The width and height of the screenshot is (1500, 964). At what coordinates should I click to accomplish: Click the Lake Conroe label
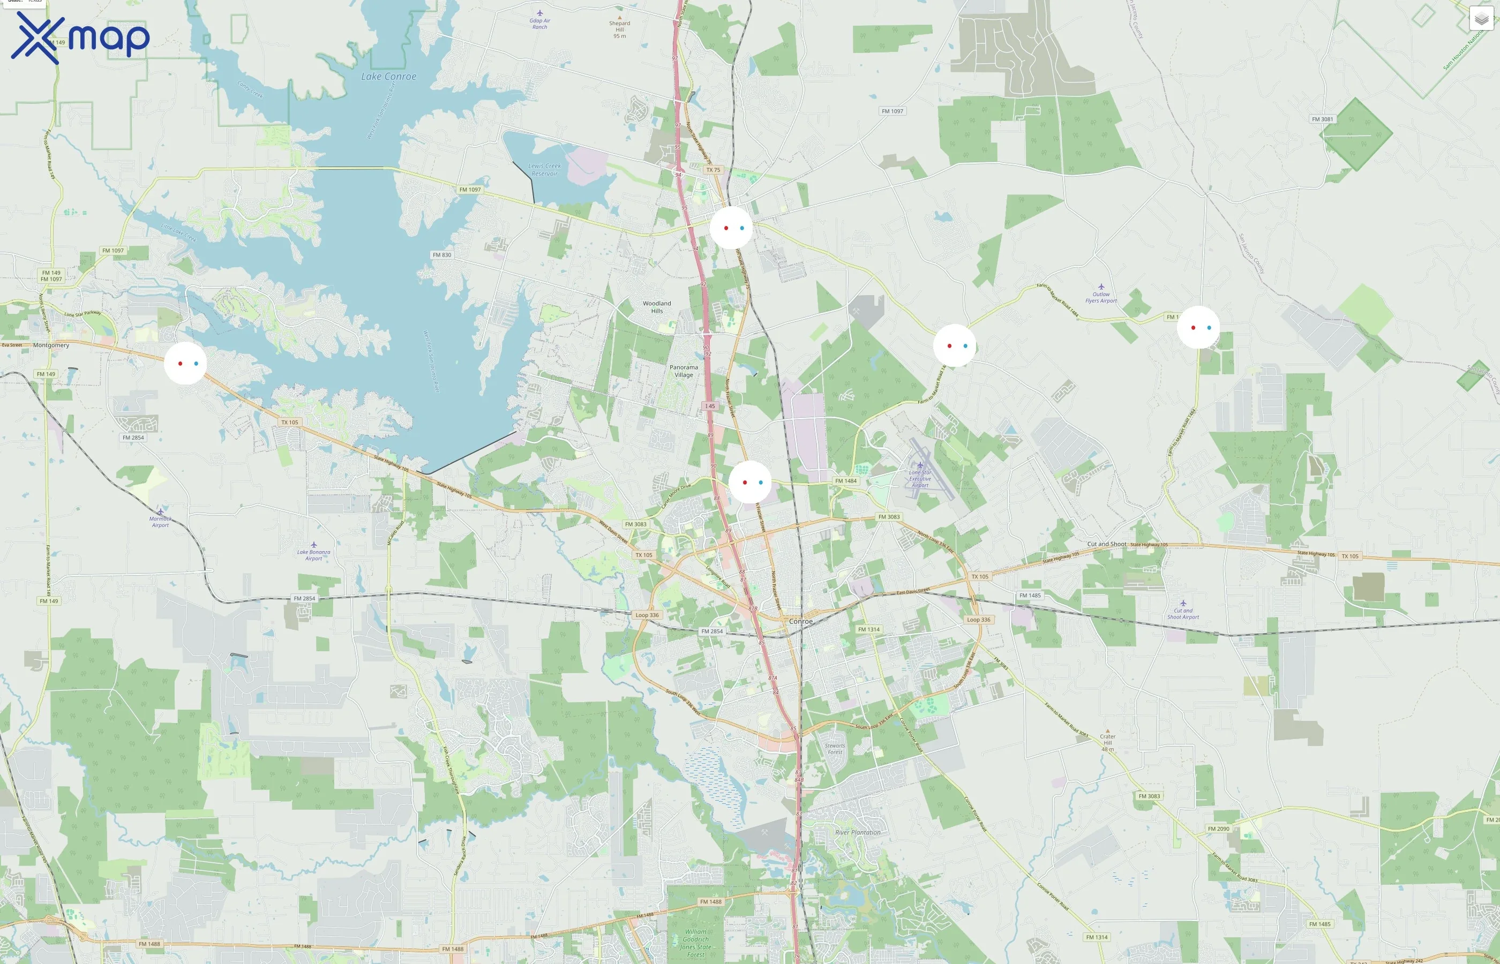point(388,77)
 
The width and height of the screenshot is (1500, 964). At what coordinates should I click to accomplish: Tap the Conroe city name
point(801,621)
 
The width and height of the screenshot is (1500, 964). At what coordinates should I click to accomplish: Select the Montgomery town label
point(51,345)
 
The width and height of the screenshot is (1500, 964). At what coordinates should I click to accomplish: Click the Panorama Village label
point(684,371)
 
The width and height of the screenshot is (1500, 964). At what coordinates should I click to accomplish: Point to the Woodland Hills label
point(657,307)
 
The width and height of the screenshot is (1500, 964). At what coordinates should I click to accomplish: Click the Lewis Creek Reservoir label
point(545,170)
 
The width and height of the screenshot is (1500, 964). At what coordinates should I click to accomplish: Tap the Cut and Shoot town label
point(1106,544)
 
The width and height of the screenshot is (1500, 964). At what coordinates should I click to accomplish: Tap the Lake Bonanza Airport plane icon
point(313,545)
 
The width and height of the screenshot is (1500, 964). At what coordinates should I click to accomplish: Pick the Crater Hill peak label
point(1107,739)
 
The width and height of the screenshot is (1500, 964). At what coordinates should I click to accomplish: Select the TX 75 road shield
point(713,170)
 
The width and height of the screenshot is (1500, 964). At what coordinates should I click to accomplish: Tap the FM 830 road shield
point(441,255)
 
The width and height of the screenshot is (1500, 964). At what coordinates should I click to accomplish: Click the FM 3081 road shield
point(1322,119)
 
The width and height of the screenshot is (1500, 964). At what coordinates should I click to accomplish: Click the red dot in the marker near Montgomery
point(181,364)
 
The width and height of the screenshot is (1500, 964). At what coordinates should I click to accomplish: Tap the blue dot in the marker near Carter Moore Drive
point(761,483)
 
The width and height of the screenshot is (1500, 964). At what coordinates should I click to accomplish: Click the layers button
point(1481,19)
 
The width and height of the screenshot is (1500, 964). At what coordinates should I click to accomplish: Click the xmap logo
point(80,37)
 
